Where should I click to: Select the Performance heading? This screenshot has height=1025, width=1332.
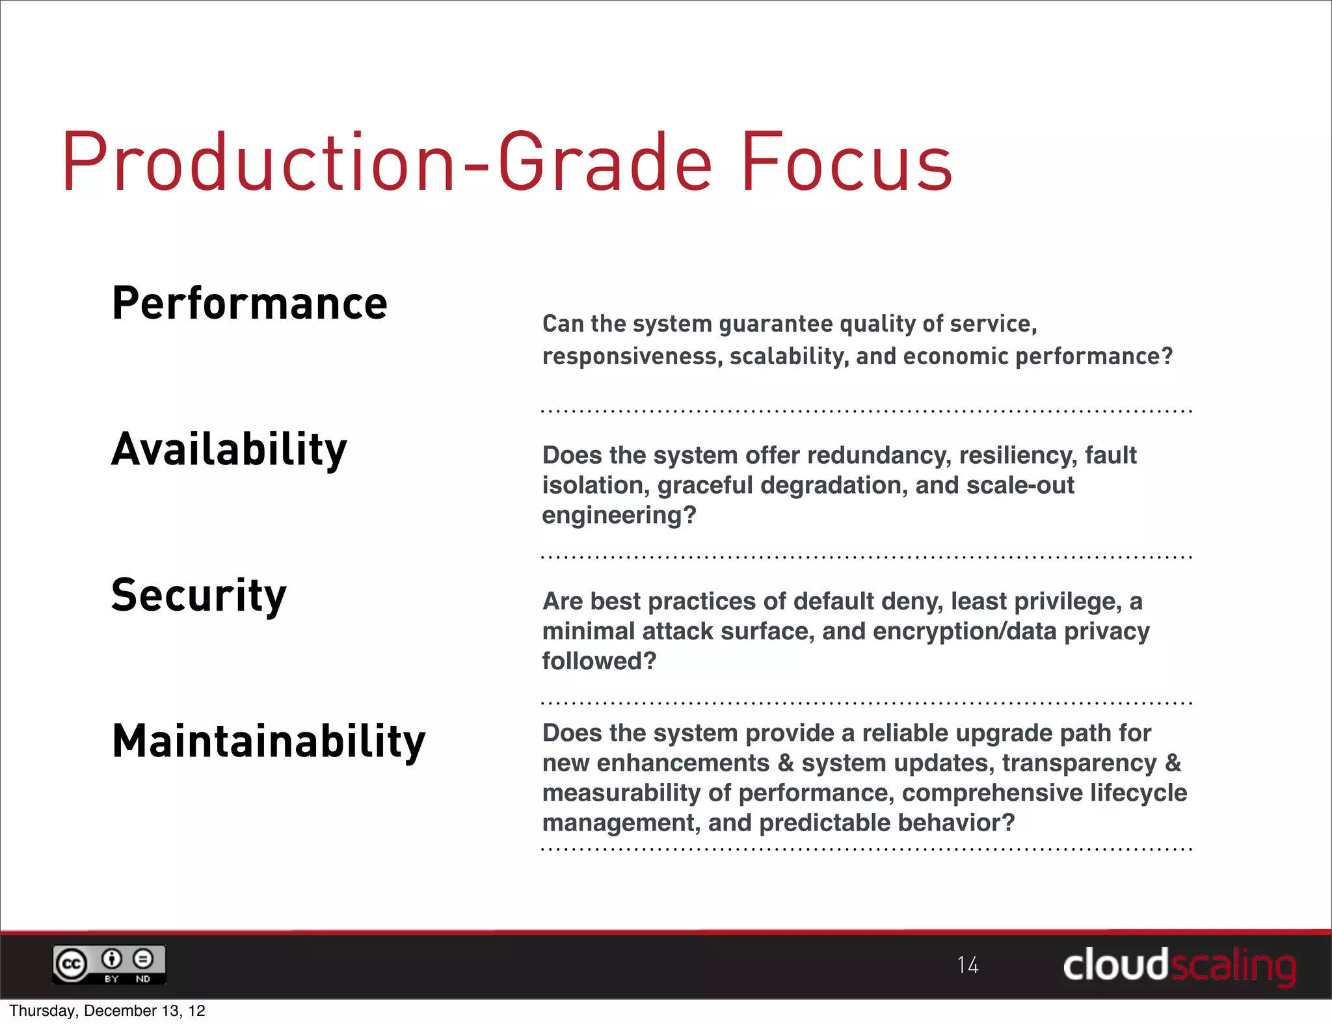pyautogui.click(x=250, y=304)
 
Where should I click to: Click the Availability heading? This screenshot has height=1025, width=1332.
pyautogui.click(x=229, y=450)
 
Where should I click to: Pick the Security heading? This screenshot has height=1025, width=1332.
pyautogui.click(x=199, y=596)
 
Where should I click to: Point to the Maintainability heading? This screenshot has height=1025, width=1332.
pyautogui.click(x=269, y=741)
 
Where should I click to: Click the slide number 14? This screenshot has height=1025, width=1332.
pyautogui.click(x=968, y=965)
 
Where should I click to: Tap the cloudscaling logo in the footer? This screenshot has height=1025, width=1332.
pyautogui.click(x=1179, y=965)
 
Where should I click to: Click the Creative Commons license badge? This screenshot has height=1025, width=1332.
pyautogui.click(x=109, y=965)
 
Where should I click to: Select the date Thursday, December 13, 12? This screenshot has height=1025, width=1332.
pyautogui.click(x=107, y=1011)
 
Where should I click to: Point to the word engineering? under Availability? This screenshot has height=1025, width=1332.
pyautogui.click(x=619, y=515)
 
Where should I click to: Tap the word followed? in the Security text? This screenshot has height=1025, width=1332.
pyautogui.click(x=599, y=661)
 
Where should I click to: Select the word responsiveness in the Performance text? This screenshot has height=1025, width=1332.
pyautogui.click(x=632, y=356)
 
